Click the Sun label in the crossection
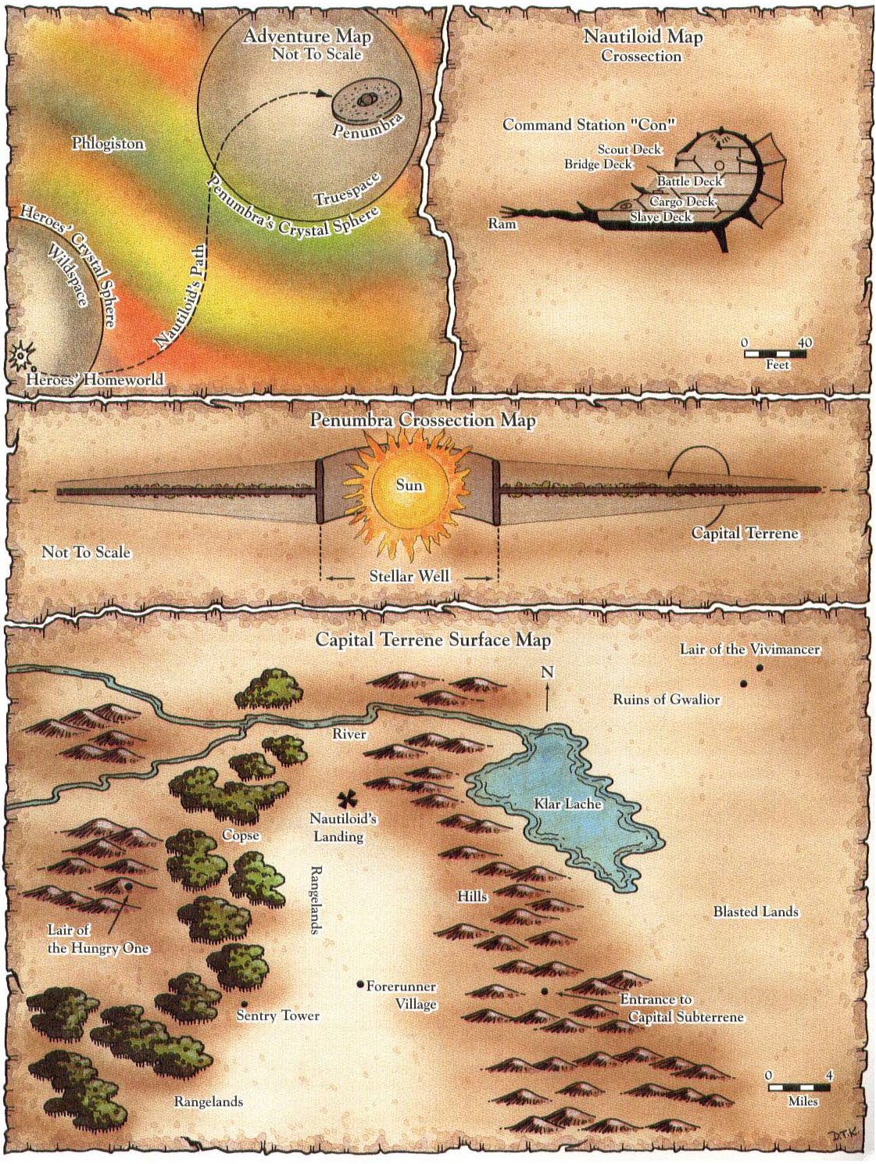[409, 485]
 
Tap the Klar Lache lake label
[567, 804]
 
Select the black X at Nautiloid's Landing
[347, 798]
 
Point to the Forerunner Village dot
[360, 984]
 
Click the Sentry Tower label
[278, 1015]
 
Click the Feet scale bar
[777, 353]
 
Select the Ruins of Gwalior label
[666, 700]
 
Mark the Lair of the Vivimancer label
[749, 650]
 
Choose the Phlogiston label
[108, 144]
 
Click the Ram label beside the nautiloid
[502, 224]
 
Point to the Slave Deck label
[661, 217]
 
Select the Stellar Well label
[409, 576]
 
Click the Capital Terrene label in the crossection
[745, 533]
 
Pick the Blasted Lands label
[756, 912]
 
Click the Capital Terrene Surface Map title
[433, 640]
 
